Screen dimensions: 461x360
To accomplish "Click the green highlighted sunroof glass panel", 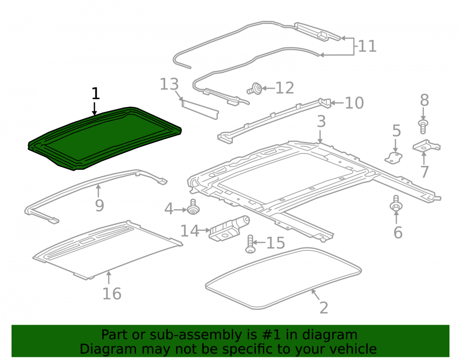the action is tap(104, 138).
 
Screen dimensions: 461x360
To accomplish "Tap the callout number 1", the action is tap(95, 94).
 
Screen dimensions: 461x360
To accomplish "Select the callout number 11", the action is tap(367, 47).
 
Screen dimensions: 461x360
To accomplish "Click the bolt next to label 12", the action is tap(255, 89).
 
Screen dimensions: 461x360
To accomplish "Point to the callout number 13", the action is tap(169, 84).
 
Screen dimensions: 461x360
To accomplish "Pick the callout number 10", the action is tap(354, 103).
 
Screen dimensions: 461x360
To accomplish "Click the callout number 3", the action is tap(321, 121).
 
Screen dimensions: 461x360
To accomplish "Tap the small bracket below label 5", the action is tap(394, 158).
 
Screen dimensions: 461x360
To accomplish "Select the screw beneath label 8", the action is tap(423, 126).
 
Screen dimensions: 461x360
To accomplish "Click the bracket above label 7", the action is tap(426, 146).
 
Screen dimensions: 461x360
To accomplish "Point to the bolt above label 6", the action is tap(396, 203).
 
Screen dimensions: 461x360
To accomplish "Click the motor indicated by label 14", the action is tap(229, 229).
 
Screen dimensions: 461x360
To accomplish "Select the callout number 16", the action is tap(112, 294).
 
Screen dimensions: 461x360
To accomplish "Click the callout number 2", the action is tap(324, 308).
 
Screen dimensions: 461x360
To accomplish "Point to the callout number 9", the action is tap(100, 206).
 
